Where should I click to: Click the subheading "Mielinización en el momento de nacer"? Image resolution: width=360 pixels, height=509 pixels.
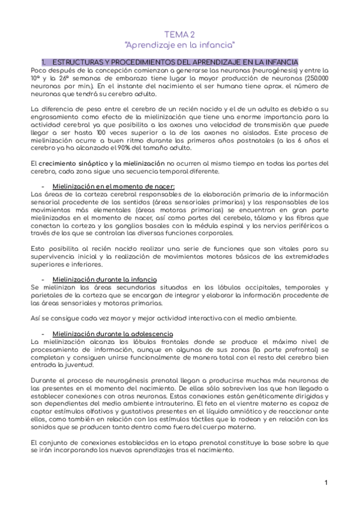click(114, 187)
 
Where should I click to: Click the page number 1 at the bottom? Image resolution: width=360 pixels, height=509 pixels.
click(325, 483)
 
